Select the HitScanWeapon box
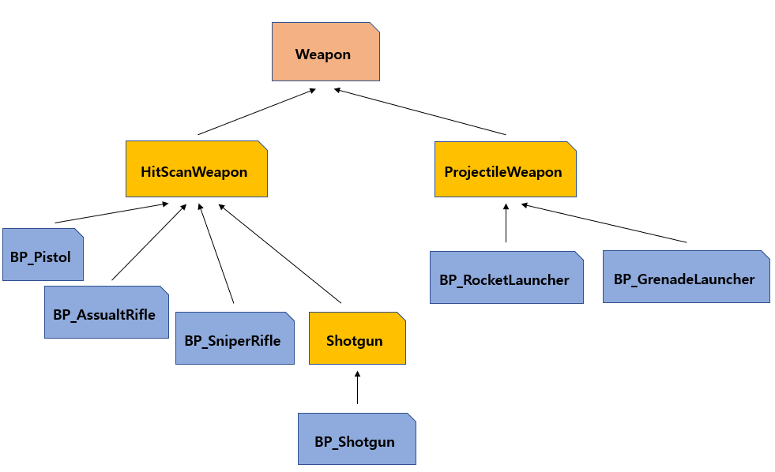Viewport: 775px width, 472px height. pos(196,170)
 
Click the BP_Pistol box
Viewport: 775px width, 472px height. pos(43,255)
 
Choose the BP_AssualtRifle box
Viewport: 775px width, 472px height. pos(106,313)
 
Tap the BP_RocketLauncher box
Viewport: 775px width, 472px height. pos(506,278)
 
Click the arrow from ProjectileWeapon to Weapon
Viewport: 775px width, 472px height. pos(420,112)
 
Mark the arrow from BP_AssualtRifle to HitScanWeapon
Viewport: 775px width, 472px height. pos(149,242)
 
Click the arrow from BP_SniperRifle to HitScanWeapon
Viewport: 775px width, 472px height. pos(216,253)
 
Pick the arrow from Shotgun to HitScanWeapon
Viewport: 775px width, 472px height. pos(279,253)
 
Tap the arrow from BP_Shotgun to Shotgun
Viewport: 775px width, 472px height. pos(357,388)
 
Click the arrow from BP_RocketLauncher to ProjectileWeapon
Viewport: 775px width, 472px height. pos(506,223)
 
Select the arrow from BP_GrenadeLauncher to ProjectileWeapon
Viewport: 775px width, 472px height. pos(604,223)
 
